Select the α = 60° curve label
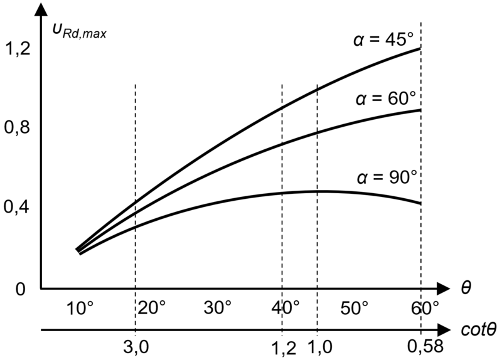(385, 100)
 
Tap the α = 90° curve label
(385, 177)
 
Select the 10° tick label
(80, 308)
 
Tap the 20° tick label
(151, 308)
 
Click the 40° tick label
(287, 308)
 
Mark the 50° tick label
(355, 308)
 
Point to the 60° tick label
(424, 308)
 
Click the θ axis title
(466, 287)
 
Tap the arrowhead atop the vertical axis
(41, 9)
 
